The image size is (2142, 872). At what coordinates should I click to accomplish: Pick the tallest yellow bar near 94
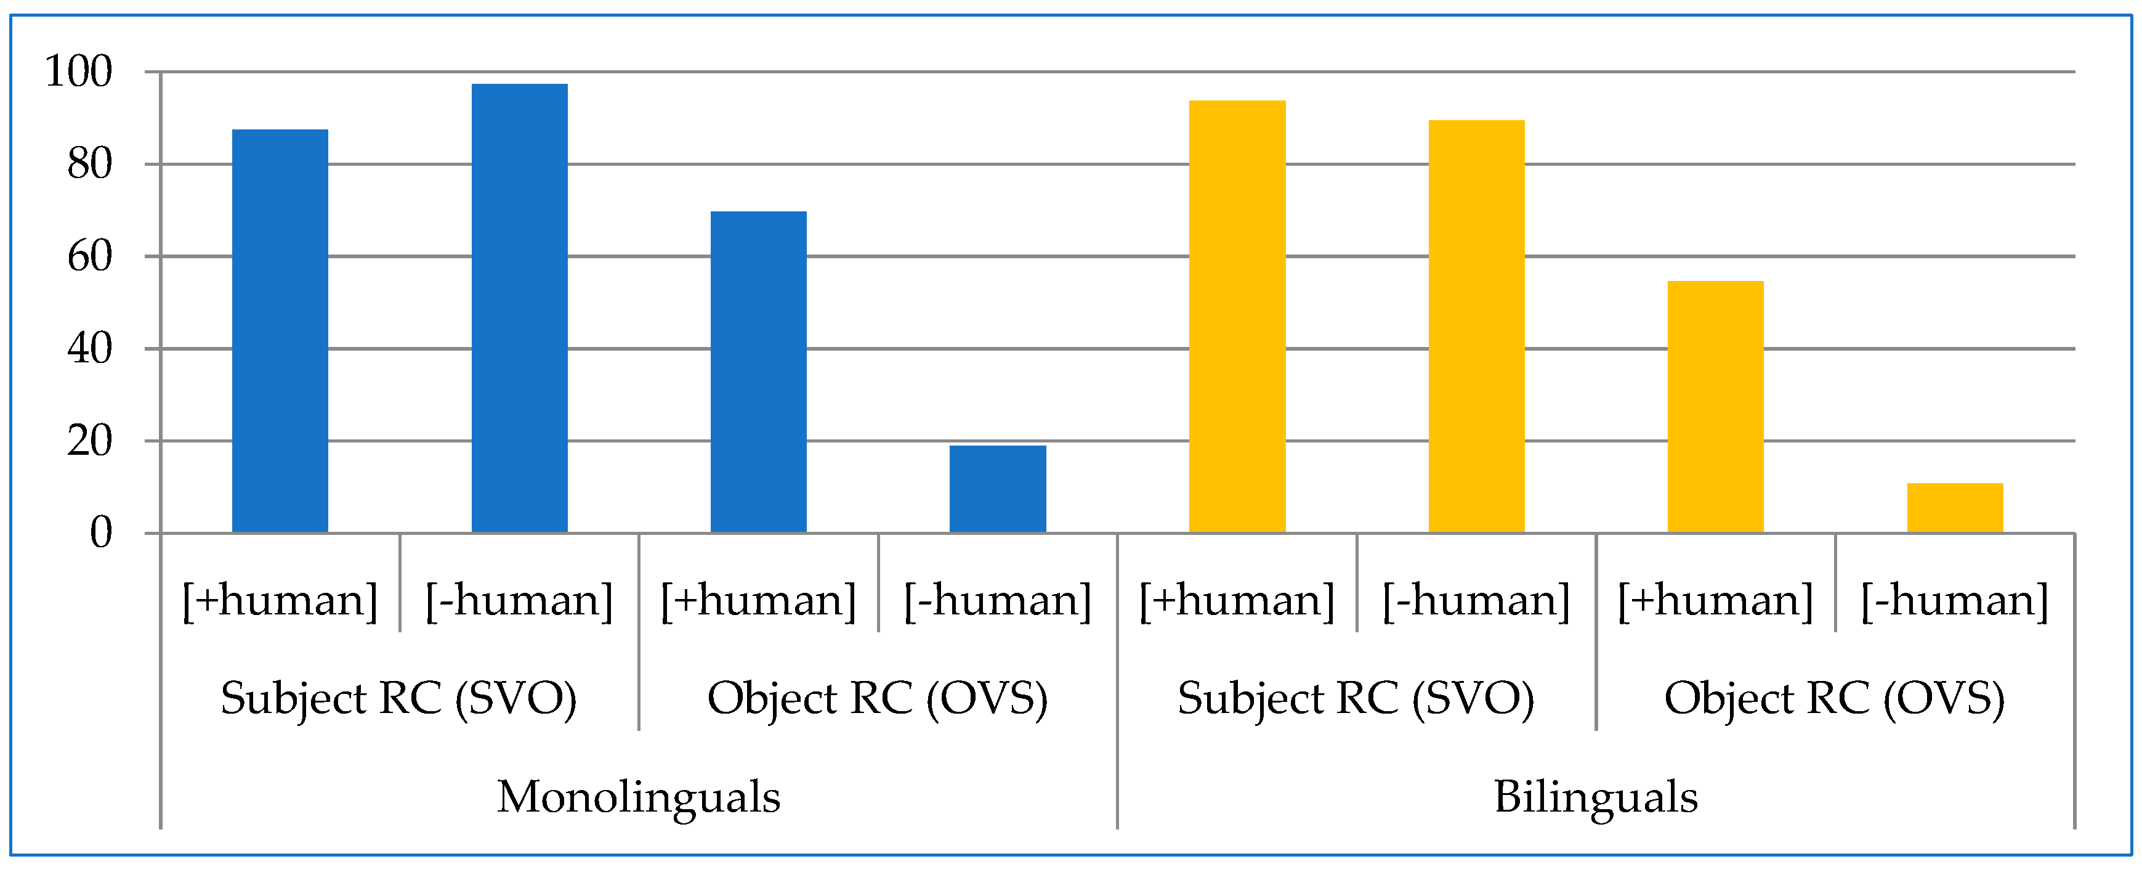point(1237,316)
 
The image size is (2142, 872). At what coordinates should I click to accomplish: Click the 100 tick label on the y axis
point(78,71)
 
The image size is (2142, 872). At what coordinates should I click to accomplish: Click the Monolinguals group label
point(639,796)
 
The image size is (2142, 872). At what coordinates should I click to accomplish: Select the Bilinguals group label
point(1596,796)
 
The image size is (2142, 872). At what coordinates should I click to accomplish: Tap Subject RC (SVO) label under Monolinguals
point(399,698)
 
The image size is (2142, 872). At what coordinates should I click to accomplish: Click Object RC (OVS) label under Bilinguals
point(1834,698)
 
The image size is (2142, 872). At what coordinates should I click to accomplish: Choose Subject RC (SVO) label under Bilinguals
point(1356,698)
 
